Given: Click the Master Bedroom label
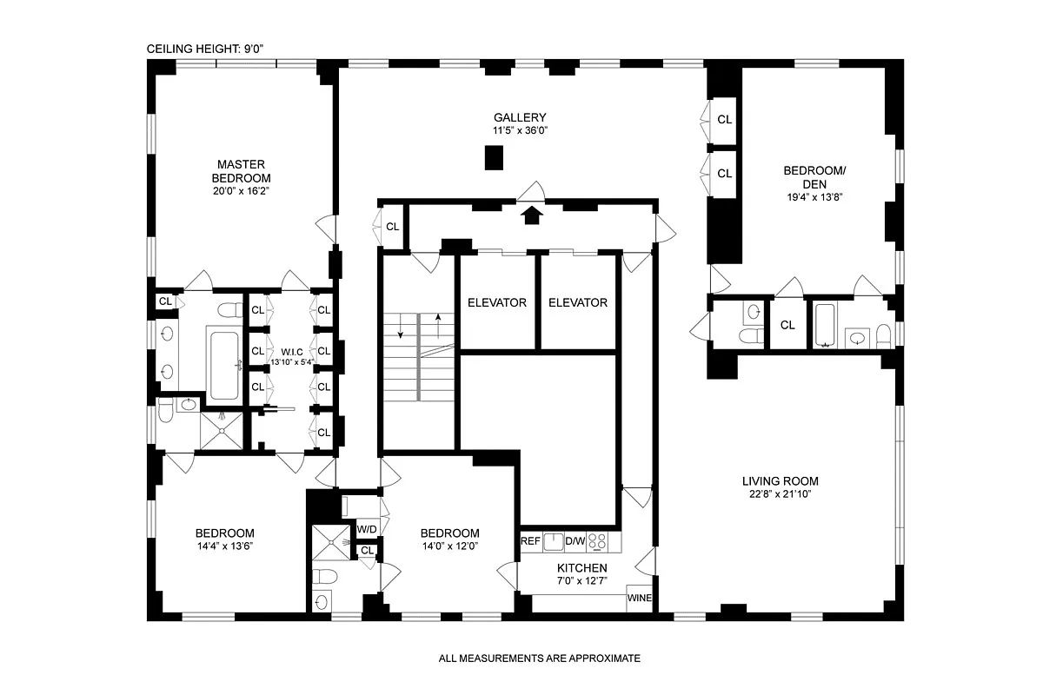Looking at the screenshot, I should point(241,170).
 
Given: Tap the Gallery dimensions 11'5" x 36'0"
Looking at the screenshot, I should point(520,131).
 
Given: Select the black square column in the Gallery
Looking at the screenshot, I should point(494,158).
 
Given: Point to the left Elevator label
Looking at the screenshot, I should point(497,303).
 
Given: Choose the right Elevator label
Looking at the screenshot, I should point(577,303).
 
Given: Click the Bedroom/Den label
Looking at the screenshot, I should point(814,177).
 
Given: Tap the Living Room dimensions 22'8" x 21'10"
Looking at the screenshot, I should point(780,495).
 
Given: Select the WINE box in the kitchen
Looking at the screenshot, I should point(639,599).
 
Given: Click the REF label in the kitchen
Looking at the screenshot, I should point(530,541).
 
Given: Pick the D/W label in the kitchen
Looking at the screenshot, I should point(575,541).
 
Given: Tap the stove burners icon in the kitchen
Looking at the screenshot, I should point(598,541).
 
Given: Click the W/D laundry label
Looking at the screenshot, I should point(367,529).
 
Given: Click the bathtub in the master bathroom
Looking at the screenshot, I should point(223,363).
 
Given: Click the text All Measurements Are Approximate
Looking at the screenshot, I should point(539,659).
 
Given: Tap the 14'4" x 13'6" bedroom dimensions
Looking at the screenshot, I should point(224,546).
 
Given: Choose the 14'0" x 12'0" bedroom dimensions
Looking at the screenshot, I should point(449,546).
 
